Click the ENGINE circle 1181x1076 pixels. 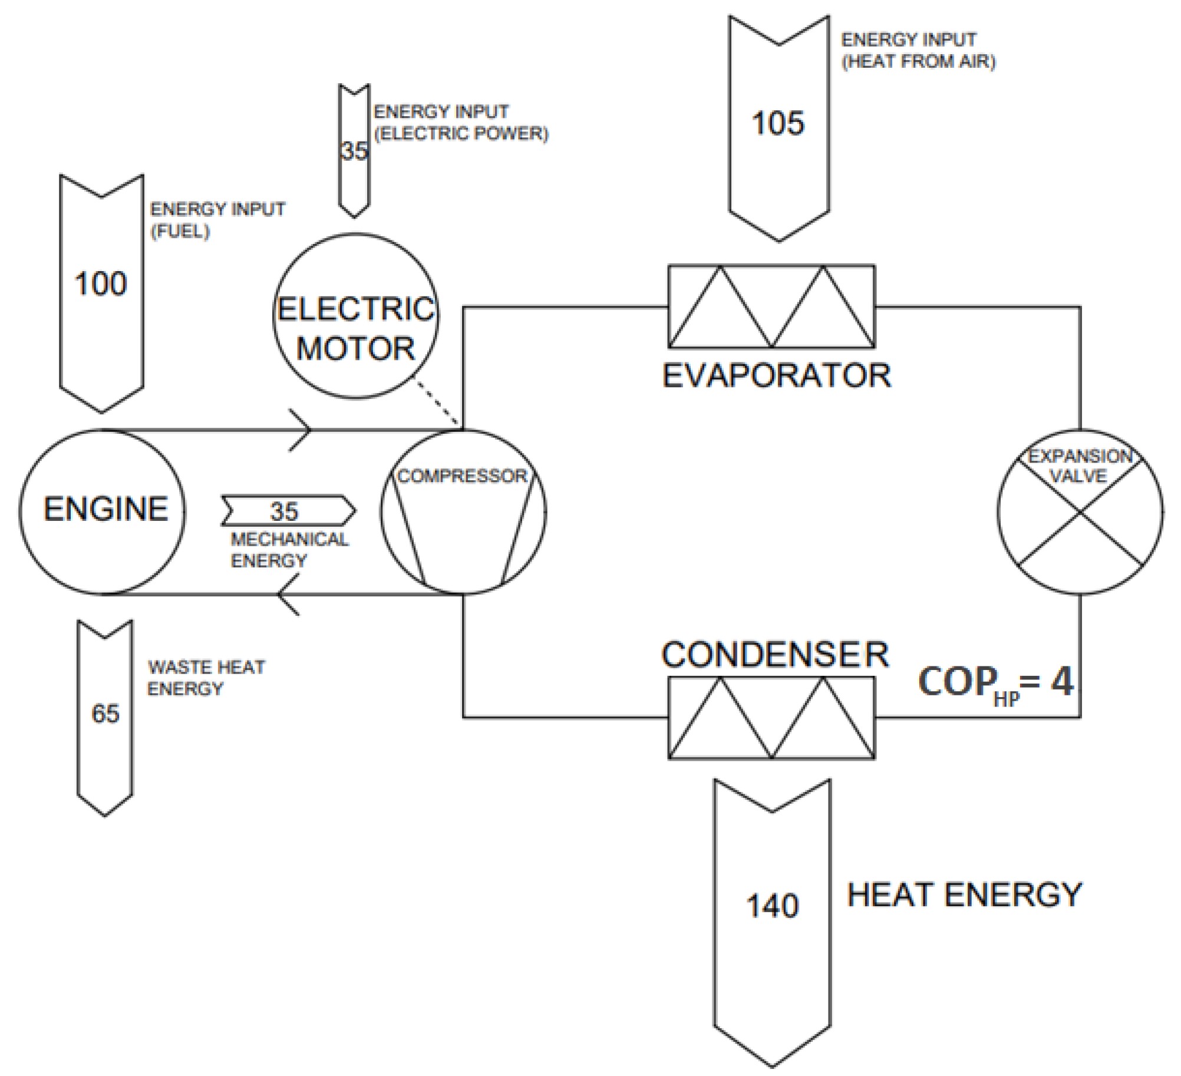point(102,510)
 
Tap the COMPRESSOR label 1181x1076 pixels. point(462,476)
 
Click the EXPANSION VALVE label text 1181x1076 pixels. point(1080,466)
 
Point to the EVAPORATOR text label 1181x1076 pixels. point(776,376)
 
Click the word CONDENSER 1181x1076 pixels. point(775,655)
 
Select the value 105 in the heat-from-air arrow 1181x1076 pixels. point(778,124)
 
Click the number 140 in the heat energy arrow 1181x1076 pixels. point(772,905)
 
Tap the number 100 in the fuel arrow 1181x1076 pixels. point(101,283)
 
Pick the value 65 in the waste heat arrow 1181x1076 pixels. point(105,714)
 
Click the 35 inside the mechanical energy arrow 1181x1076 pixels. point(284,511)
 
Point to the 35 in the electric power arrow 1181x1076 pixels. point(354,151)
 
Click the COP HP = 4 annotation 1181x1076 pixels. point(996,684)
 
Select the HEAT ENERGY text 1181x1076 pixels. point(964,895)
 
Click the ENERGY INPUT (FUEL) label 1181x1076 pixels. point(217,220)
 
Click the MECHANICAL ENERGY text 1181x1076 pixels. point(289,550)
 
